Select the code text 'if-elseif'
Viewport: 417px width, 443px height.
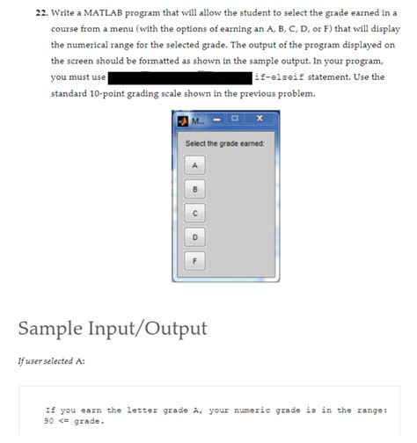[x=280, y=76]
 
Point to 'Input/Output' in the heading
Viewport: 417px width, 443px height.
[x=150, y=329]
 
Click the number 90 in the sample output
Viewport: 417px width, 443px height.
[x=50, y=420]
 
